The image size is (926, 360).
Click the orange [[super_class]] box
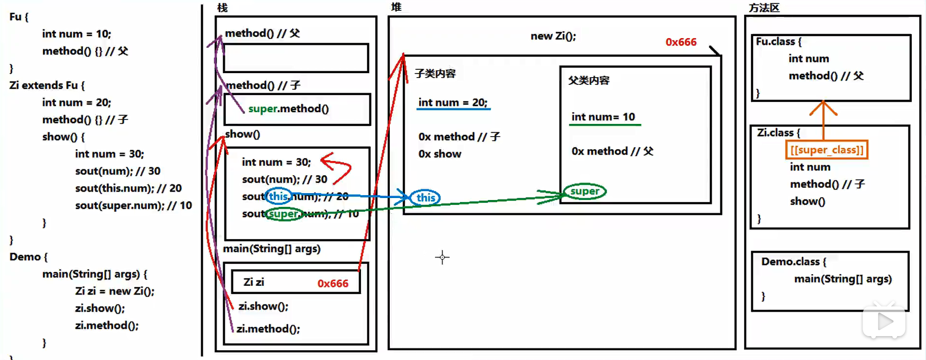pyautogui.click(x=826, y=150)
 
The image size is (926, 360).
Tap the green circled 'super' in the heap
pyautogui.click(x=584, y=191)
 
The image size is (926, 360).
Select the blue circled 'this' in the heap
pyautogui.click(x=425, y=198)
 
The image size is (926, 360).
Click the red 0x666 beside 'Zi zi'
pyautogui.click(x=333, y=283)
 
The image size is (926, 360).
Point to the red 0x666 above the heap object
pyautogui.click(x=681, y=42)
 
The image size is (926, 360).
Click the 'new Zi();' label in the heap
pyautogui.click(x=553, y=36)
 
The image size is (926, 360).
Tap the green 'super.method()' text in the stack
pyautogui.click(x=288, y=109)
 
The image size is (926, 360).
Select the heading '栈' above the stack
pyautogui.click(x=222, y=8)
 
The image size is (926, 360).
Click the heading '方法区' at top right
pyautogui.click(x=764, y=8)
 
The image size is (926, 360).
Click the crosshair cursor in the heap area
pyautogui.click(x=442, y=257)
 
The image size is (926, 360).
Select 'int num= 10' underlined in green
pyautogui.click(x=603, y=117)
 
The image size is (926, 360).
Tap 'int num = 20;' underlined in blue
pyautogui.click(x=453, y=102)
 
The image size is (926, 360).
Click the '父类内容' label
pyautogui.click(x=588, y=80)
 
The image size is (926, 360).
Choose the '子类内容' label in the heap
pyautogui.click(x=435, y=74)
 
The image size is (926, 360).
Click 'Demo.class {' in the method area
pyautogui.click(x=793, y=262)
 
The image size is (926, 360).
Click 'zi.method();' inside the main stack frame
pyautogui.click(x=268, y=329)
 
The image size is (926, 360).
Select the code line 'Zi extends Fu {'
pyautogui.click(x=47, y=85)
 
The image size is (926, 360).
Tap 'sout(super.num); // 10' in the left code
pyautogui.click(x=133, y=205)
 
